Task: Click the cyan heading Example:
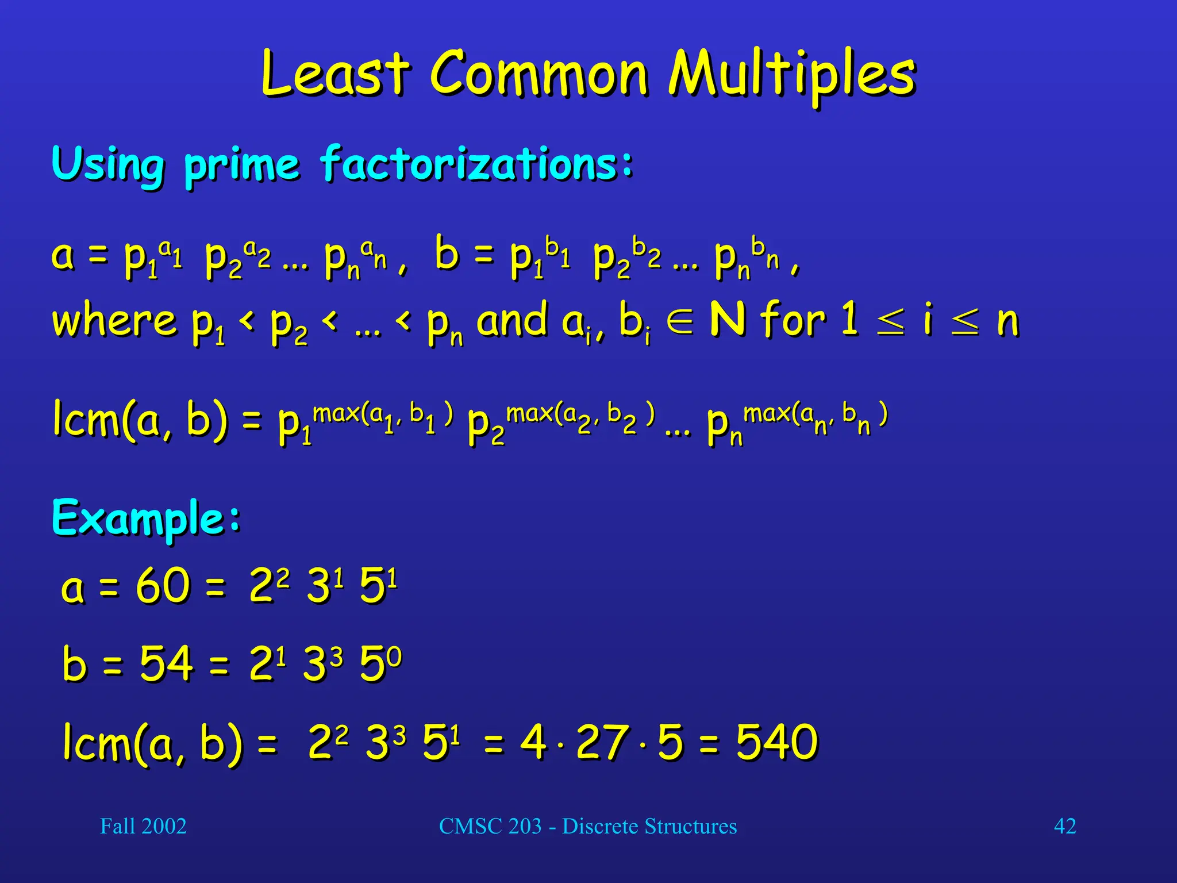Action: pyautogui.click(x=147, y=517)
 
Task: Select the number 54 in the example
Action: pyautogui.click(x=166, y=663)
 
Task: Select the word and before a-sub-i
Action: pyautogui.click(x=511, y=321)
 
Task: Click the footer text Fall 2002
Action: pyautogui.click(x=143, y=826)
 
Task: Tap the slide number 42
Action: pyautogui.click(x=1064, y=826)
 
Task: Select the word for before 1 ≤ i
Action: pyautogui.click(x=793, y=320)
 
